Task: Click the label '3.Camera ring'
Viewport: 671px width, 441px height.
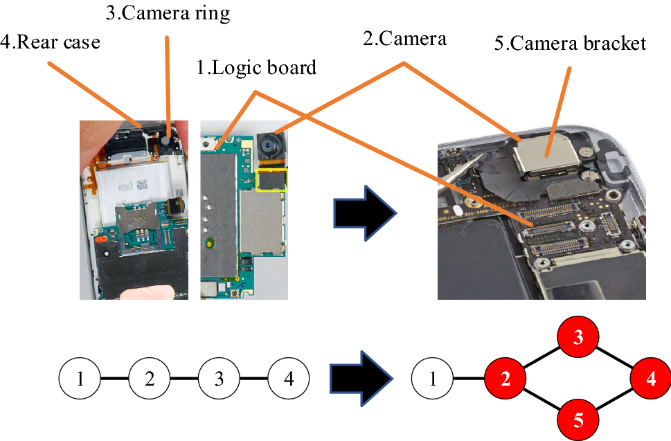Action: click(167, 13)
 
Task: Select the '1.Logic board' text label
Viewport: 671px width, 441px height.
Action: click(257, 67)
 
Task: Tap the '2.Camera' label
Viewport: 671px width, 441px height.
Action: click(405, 39)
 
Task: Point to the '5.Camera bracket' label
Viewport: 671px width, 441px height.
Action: click(571, 44)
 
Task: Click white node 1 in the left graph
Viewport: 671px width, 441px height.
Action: click(80, 379)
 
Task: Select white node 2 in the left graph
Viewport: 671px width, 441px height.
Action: click(150, 379)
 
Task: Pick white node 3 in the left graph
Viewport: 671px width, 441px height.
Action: click(219, 379)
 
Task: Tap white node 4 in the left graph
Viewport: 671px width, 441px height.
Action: click(288, 379)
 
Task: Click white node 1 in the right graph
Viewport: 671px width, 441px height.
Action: click(432, 379)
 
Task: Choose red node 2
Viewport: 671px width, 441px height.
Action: click(506, 379)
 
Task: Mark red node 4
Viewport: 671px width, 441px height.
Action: click(650, 379)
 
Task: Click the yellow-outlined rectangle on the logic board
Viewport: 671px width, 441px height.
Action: click(272, 179)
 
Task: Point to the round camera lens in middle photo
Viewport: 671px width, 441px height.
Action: click(269, 145)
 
